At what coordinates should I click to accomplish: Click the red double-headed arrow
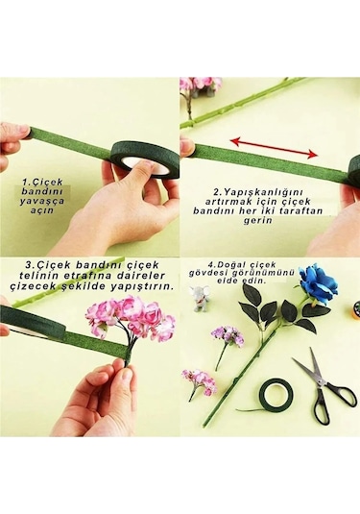click(274, 148)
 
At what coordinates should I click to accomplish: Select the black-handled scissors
click(324, 387)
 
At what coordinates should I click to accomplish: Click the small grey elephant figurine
click(200, 298)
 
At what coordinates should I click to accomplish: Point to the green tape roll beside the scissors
click(276, 393)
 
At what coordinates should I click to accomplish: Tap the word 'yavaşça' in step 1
click(41, 200)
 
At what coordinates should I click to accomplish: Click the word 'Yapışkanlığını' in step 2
click(263, 191)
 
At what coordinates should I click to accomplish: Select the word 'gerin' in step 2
click(258, 220)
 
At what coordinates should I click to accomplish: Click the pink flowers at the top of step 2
click(201, 85)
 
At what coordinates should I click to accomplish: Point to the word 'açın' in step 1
click(41, 210)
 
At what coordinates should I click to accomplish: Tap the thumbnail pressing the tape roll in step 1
click(146, 168)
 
